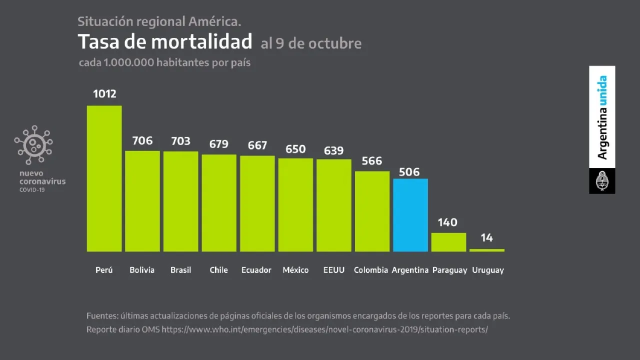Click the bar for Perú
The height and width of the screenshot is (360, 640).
pos(104,178)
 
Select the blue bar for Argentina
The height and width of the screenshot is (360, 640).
pos(410,215)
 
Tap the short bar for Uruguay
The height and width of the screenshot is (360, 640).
pos(487,250)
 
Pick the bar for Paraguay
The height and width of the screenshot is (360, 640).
pos(448,242)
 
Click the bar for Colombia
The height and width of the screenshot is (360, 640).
pos(372,211)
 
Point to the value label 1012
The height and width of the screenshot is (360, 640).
pos(104,93)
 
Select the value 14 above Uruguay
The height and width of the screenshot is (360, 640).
pos(486,238)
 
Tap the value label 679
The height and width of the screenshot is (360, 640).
pos(218,144)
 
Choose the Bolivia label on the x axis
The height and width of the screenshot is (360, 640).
pos(142,270)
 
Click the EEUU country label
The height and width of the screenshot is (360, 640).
pos(333,270)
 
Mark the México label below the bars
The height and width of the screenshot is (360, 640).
pos(295,270)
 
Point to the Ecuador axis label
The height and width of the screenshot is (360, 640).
pos(256,270)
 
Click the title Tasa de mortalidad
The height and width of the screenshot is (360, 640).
pos(164,42)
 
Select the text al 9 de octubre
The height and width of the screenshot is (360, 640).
pos(311,43)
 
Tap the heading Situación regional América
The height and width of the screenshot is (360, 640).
pos(159,21)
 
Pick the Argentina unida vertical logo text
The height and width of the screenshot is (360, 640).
pos(602,117)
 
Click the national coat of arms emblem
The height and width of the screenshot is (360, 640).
pos(602,181)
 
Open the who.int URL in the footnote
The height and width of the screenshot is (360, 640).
pos(324,330)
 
